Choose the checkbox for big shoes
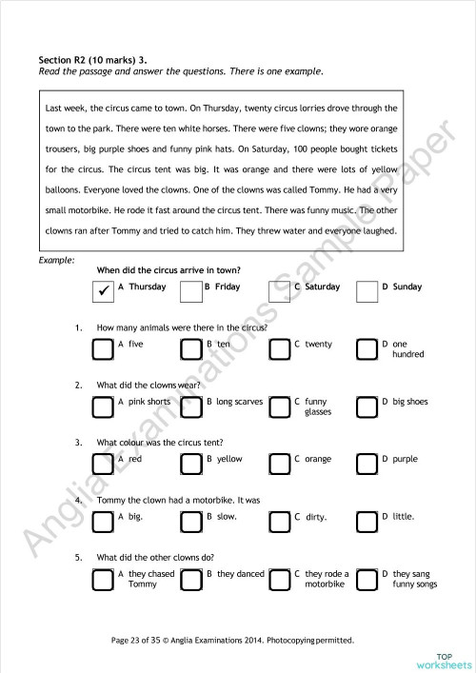tap(367, 406)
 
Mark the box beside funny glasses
tap(279, 406)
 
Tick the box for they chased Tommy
tap(103, 579)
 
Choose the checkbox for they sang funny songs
tap(367, 579)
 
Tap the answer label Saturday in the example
tap(322, 287)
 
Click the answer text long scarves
tap(239, 402)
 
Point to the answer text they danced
tap(240, 574)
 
